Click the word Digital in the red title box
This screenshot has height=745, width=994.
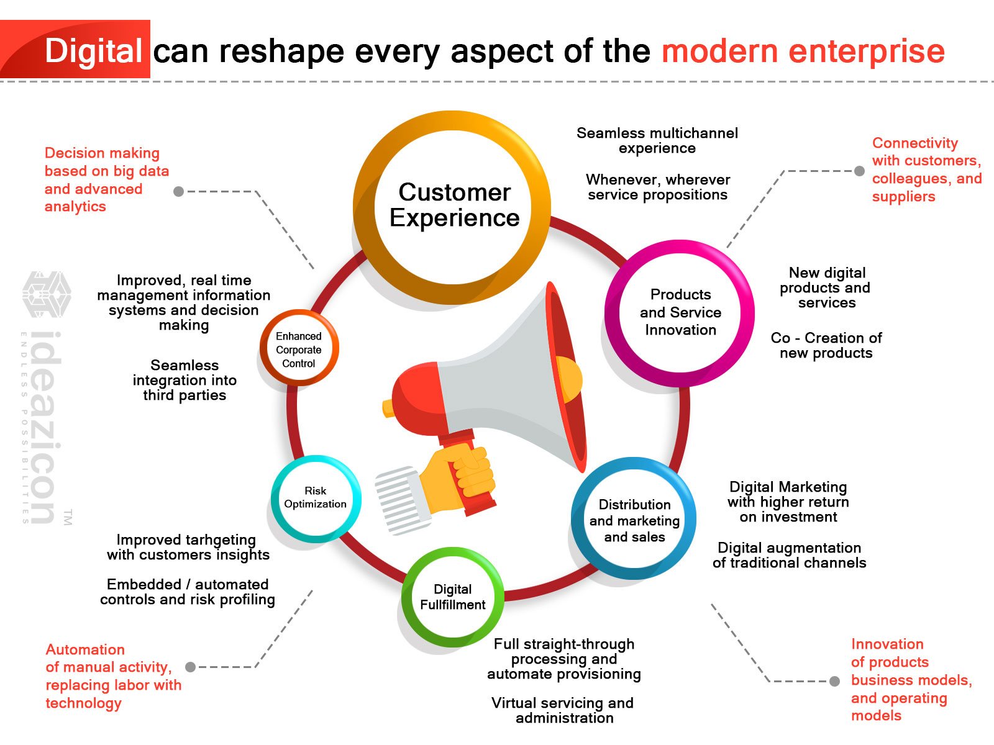(94, 51)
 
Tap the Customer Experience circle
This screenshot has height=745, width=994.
(454, 205)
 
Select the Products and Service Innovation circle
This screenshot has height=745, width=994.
(680, 312)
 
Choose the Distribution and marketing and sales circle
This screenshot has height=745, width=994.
(634, 520)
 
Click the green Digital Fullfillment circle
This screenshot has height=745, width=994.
(452, 597)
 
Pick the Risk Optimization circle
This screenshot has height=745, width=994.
(316, 498)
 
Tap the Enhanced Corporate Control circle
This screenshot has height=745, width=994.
(299, 350)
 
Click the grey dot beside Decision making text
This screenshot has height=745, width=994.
(179, 191)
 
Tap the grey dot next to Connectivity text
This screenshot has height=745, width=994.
(859, 171)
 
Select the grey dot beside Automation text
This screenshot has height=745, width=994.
(191, 667)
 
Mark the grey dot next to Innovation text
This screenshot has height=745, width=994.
(835, 681)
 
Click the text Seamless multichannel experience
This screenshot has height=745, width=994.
(657, 140)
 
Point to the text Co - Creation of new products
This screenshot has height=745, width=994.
(826, 345)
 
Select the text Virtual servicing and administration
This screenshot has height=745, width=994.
(563, 710)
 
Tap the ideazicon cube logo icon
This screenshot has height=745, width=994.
(47, 294)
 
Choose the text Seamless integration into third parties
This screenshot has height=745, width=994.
(185, 380)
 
